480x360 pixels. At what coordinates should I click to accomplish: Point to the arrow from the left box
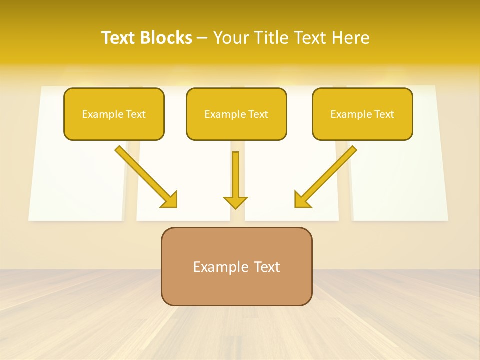click(x=145, y=176)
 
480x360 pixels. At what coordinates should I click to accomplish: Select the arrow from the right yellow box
click(x=327, y=176)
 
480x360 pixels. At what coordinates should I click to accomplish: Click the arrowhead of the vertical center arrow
click(x=235, y=202)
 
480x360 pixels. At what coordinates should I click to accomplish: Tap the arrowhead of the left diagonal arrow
click(x=170, y=200)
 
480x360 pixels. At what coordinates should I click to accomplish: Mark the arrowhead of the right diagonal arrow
click(x=302, y=200)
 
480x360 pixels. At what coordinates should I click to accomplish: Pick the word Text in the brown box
click(x=267, y=267)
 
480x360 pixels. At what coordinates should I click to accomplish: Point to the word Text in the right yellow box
click(x=384, y=114)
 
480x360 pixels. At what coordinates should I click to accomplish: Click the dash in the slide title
click(x=202, y=38)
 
